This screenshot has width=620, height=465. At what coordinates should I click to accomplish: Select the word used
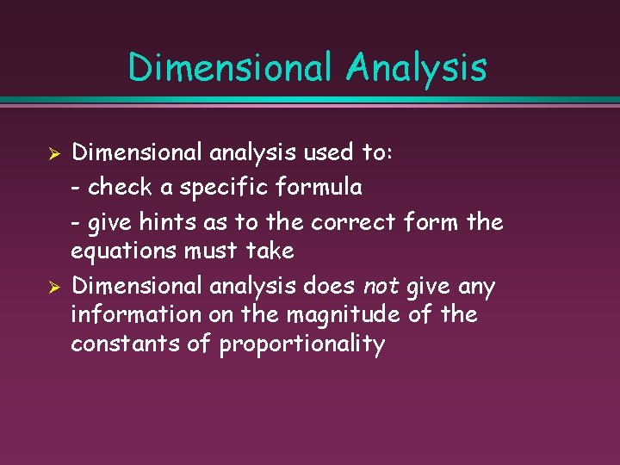tap(332, 152)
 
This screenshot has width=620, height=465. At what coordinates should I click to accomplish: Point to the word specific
tap(225, 186)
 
